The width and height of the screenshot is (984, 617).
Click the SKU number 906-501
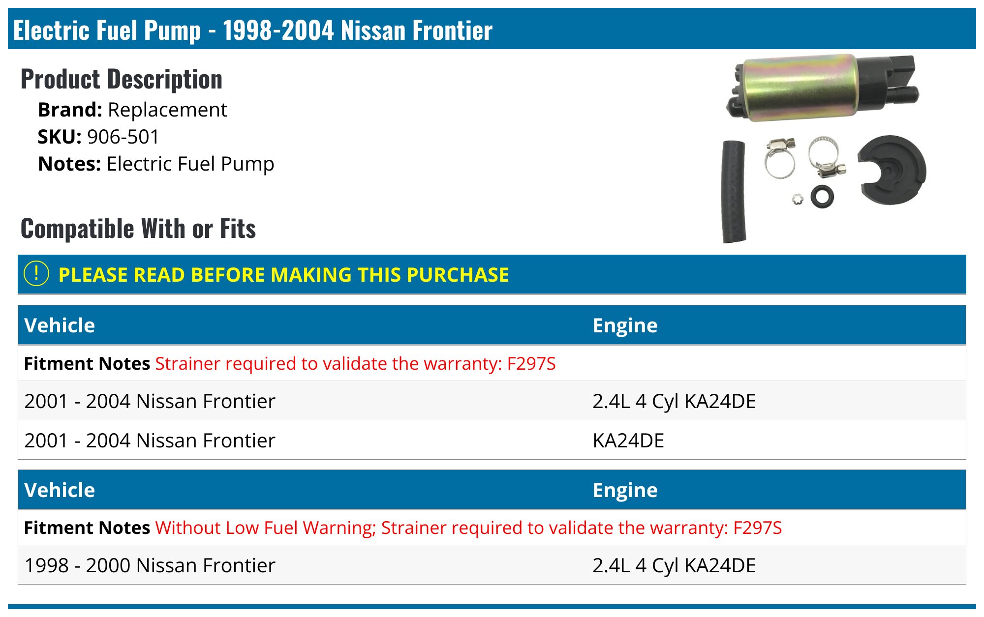point(123,137)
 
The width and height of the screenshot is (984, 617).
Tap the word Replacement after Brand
point(167,110)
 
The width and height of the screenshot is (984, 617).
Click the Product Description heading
point(122,80)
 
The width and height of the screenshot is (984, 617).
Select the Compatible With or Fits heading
point(138,229)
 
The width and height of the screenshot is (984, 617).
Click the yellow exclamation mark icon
point(36,274)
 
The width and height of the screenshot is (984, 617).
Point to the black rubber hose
point(733,192)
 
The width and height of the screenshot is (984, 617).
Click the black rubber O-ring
point(822,197)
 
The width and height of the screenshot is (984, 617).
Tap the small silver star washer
point(798,199)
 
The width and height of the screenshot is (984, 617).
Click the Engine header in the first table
point(625,325)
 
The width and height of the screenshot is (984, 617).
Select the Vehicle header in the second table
point(60,490)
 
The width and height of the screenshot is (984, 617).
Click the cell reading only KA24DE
point(628,441)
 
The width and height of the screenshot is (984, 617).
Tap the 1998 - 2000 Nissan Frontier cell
point(150,565)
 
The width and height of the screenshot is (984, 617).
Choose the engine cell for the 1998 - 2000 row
point(674,565)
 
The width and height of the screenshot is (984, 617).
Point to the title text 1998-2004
point(278,30)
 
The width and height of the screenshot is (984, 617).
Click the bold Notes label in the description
point(69,164)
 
